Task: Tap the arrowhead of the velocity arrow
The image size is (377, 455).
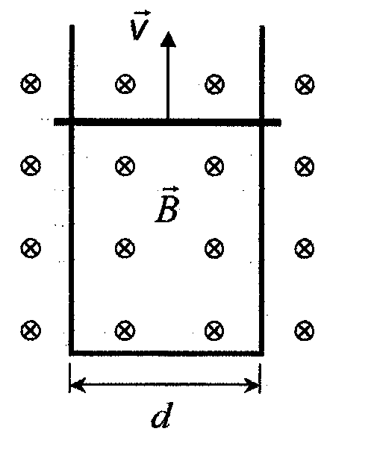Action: [168, 40]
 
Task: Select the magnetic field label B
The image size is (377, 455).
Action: [166, 209]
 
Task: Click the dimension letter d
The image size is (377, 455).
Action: [162, 415]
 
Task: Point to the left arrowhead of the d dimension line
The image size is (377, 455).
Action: [78, 385]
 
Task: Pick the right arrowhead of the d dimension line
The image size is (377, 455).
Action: [252, 385]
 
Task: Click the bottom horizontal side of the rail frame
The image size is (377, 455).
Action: [166, 353]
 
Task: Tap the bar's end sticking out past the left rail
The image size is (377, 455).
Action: [61, 122]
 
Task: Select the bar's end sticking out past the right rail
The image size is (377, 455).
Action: [273, 122]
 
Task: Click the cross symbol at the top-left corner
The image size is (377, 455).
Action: [31, 84]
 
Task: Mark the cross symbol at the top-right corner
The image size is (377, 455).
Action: [305, 84]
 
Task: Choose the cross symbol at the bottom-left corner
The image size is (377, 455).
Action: [31, 330]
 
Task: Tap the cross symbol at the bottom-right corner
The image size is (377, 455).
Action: [304, 330]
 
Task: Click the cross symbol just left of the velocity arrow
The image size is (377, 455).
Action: [125, 84]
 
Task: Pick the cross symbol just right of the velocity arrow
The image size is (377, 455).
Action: [215, 84]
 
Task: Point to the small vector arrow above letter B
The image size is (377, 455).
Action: [171, 189]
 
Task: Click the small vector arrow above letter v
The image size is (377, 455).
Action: [143, 13]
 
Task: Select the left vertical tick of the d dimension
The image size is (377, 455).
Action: [69, 378]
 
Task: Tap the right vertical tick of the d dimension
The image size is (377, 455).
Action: [260, 378]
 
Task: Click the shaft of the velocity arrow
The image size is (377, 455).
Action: [168, 83]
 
